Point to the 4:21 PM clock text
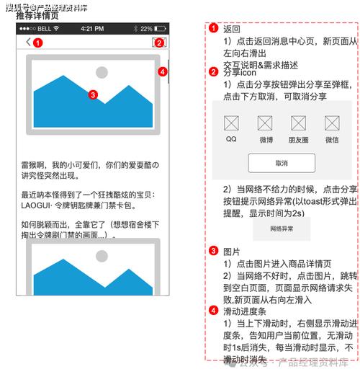pyautogui.click(x=92, y=29)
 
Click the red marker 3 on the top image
pyautogui.click(x=92, y=94)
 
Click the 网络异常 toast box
pyautogui.click(x=282, y=229)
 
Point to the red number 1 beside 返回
pyautogui.click(x=214, y=29)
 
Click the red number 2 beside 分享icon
pyautogui.click(x=214, y=71)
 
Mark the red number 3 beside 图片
pyautogui.click(x=214, y=251)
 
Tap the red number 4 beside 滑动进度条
pyautogui.click(x=214, y=311)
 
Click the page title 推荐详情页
pyautogui.click(x=37, y=16)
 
